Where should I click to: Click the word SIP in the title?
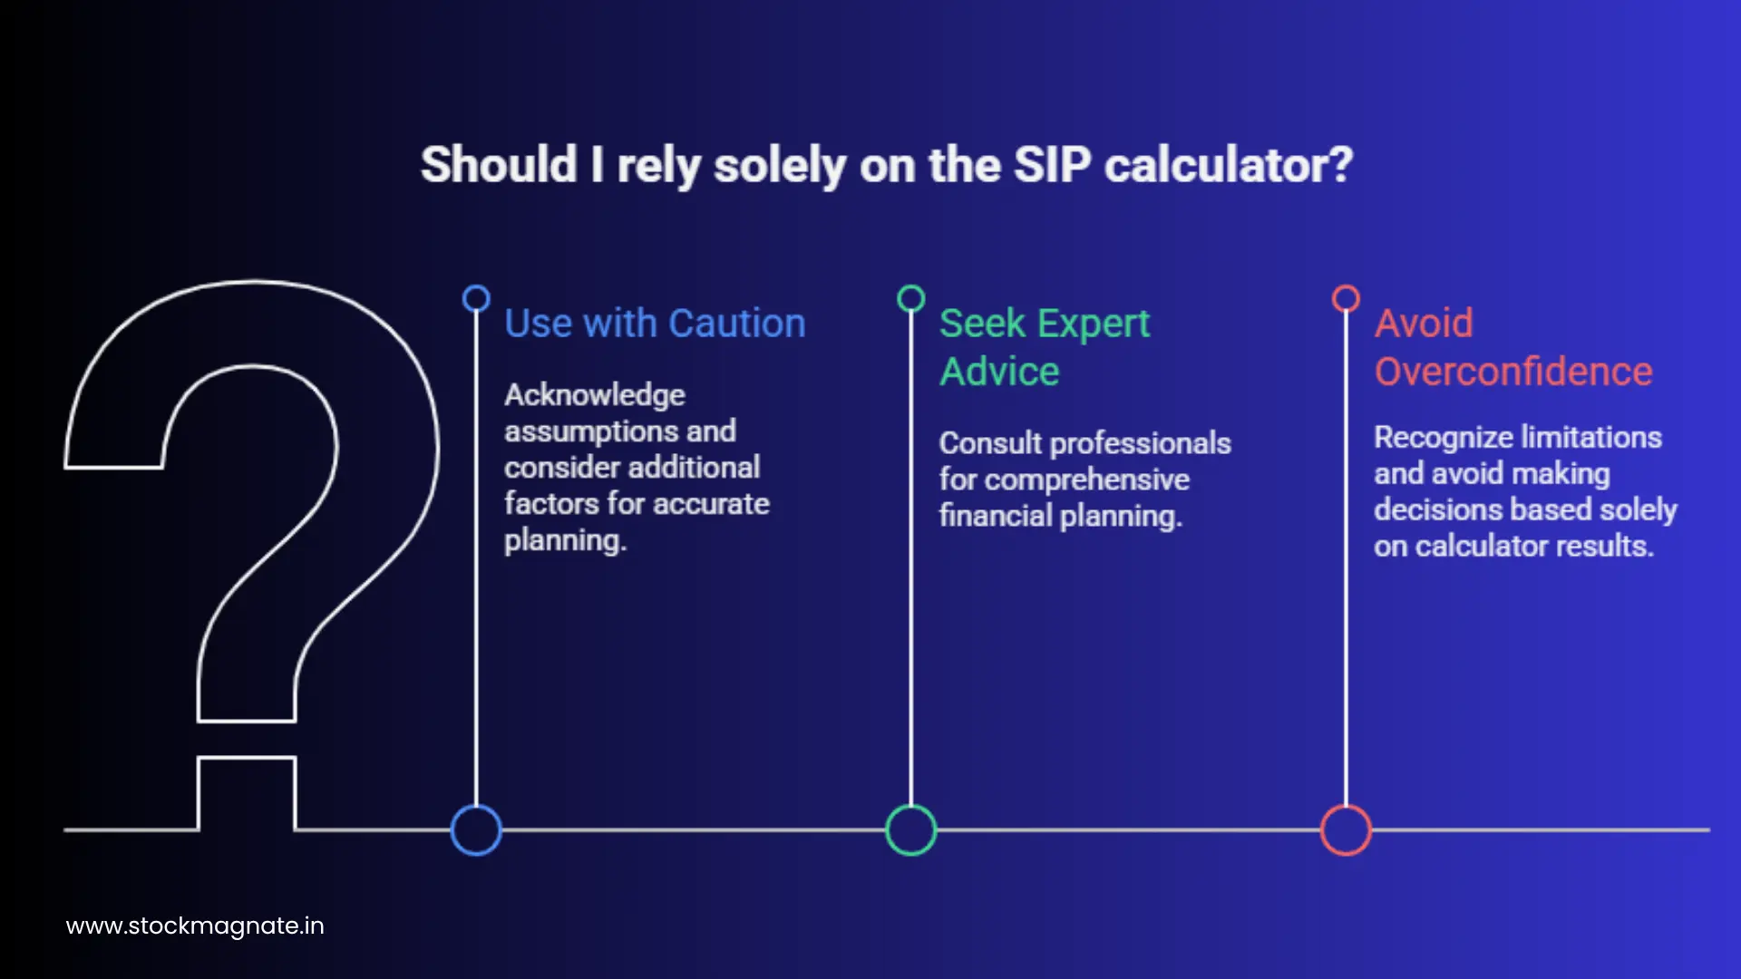point(1052,166)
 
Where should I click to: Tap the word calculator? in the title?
point(1229,166)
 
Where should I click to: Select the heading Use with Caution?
point(655,324)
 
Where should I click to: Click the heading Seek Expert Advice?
point(1044,347)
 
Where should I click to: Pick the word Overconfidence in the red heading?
point(1512,372)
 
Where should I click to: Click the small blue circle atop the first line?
point(476,298)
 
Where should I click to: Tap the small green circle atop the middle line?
point(910,298)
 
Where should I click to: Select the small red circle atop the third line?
point(1346,298)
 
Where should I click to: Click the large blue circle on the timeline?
point(476,829)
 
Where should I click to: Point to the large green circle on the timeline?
point(910,829)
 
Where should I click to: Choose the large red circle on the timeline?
point(1346,829)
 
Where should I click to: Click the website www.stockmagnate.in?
point(195,926)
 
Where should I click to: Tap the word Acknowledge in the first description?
point(595,395)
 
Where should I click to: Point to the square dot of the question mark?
point(247,793)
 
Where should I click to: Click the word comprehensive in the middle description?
point(1086,480)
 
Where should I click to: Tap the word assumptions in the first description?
point(580,431)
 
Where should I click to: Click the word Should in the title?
point(499,166)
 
